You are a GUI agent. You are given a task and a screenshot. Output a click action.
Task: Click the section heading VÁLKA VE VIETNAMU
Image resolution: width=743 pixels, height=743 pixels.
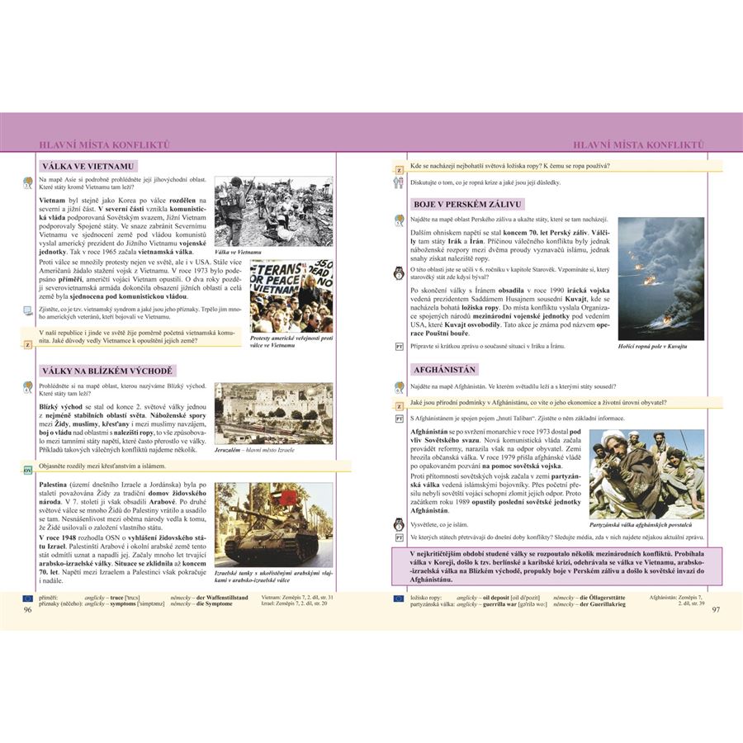[87, 166]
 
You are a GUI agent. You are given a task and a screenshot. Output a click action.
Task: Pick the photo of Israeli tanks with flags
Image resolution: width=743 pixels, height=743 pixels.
[273, 523]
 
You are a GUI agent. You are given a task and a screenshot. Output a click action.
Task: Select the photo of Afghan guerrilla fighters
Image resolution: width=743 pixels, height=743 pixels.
[646, 474]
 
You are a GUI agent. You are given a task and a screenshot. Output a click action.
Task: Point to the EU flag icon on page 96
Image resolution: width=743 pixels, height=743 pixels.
[27, 596]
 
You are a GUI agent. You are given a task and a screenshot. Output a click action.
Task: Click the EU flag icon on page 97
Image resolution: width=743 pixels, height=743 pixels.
[400, 596]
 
